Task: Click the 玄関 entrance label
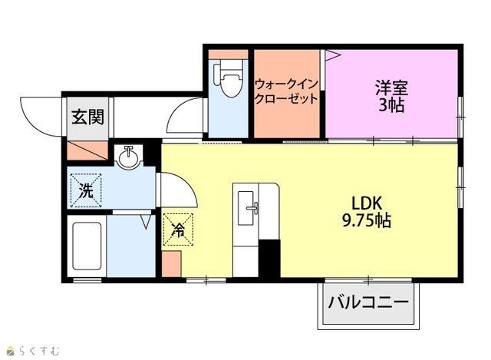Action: pos(87,117)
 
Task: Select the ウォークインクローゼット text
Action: pos(286,91)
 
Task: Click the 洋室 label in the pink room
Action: pos(391,88)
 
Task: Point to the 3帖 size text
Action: pos(391,105)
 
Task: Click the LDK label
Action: pos(367,203)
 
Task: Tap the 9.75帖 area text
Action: pos(367,220)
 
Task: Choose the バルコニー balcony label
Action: pos(368,302)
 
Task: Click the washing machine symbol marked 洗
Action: pos(86,190)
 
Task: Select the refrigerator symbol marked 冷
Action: pos(178,230)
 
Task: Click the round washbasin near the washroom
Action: pos(129,157)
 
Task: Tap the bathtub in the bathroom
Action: pos(87,246)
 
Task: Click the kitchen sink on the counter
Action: pos(245,208)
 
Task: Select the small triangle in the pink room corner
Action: pos(332,54)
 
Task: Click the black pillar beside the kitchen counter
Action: pos(269,258)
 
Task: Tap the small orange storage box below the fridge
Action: pos(171,264)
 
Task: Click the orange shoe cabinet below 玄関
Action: pos(87,150)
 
